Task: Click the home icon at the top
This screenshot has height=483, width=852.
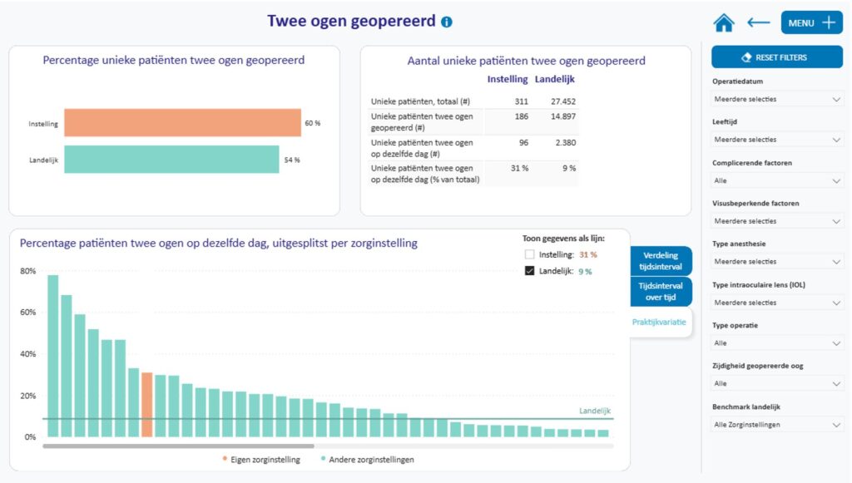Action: tap(724, 23)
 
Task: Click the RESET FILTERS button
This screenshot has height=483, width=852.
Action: tap(776, 57)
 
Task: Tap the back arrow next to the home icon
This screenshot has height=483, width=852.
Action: tap(758, 23)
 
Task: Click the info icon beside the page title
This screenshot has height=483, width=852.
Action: tap(447, 22)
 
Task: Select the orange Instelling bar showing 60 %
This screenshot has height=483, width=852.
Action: tap(182, 123)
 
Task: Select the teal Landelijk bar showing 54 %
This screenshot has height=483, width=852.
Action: tap(171, 160)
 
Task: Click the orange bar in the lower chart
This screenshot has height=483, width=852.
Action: tap(146, 404)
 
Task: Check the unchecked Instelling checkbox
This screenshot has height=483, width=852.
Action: tap(529, 254)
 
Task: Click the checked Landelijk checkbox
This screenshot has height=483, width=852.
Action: tap(529, 271)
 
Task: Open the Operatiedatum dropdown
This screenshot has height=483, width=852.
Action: tap(777, 99)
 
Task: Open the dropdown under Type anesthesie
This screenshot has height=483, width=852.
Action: tap(777, 261)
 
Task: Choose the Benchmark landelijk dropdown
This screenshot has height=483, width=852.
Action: tap(777, 425)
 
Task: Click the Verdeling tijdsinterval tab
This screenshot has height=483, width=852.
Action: tap(661, 261)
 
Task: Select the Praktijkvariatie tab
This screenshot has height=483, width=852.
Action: tap(659, 323)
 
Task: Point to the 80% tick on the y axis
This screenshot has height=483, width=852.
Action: tap(28, 271)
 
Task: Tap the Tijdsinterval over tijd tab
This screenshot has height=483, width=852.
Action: tap(661, 292)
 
